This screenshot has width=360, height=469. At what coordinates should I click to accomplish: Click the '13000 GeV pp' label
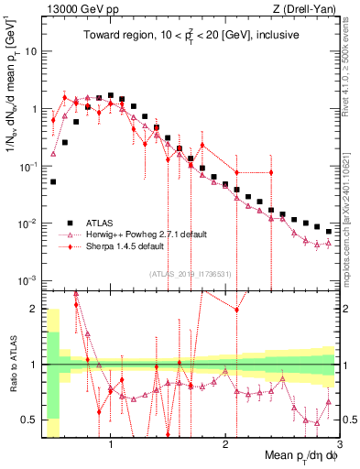point(76,8)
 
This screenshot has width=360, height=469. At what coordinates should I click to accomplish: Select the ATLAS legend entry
point(101,223)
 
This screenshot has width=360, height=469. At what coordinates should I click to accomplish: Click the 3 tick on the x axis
point(340,446)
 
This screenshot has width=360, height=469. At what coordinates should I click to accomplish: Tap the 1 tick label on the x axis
point(111,446)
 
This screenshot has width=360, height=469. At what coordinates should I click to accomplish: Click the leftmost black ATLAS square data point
point(53,181)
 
